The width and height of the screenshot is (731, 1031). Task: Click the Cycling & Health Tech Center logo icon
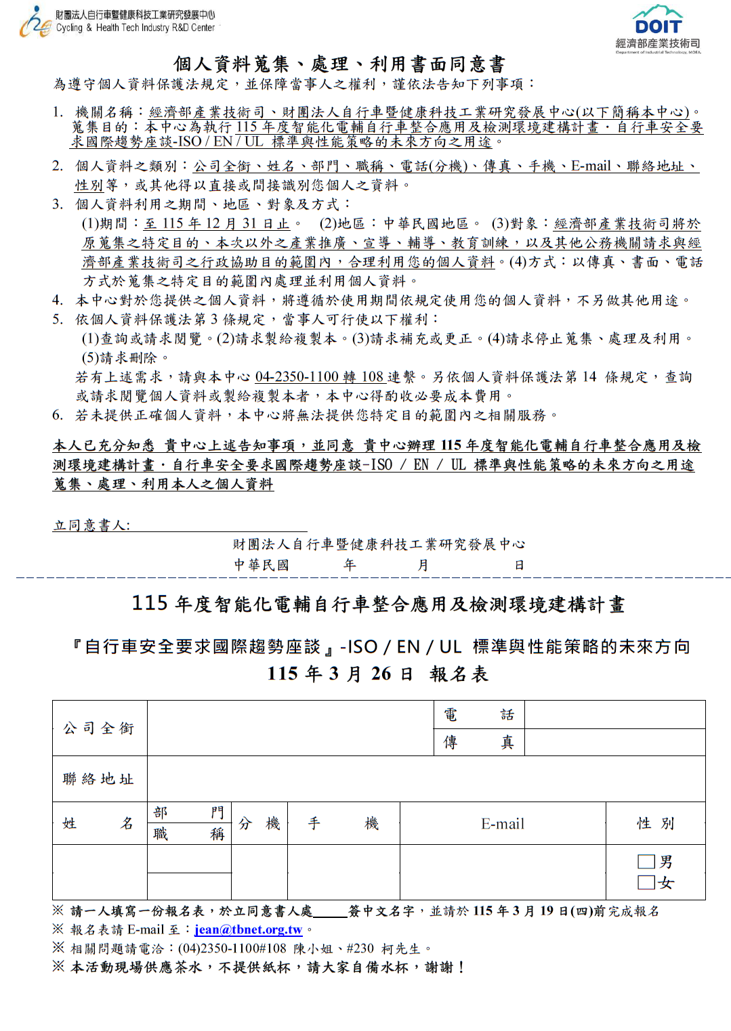35,22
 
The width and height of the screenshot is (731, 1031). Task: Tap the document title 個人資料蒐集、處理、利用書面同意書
339,64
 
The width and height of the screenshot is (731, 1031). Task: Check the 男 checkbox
646,862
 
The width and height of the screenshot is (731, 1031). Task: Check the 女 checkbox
646,882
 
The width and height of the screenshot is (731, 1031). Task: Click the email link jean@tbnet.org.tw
248,929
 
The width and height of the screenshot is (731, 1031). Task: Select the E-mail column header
502,823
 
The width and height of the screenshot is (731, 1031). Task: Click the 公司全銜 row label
99,728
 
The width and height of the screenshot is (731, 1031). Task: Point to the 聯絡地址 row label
99,778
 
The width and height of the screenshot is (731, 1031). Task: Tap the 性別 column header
655,823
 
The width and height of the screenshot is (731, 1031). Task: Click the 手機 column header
343,823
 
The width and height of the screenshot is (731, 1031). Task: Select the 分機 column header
259,823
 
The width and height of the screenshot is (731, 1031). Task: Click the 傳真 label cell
478,743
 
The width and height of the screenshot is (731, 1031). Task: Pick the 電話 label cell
478,715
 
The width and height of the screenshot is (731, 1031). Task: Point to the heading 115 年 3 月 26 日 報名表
377,674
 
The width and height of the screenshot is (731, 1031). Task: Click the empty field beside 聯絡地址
425,778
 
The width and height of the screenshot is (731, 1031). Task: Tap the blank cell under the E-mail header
502,872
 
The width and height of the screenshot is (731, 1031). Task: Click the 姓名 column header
99,823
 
